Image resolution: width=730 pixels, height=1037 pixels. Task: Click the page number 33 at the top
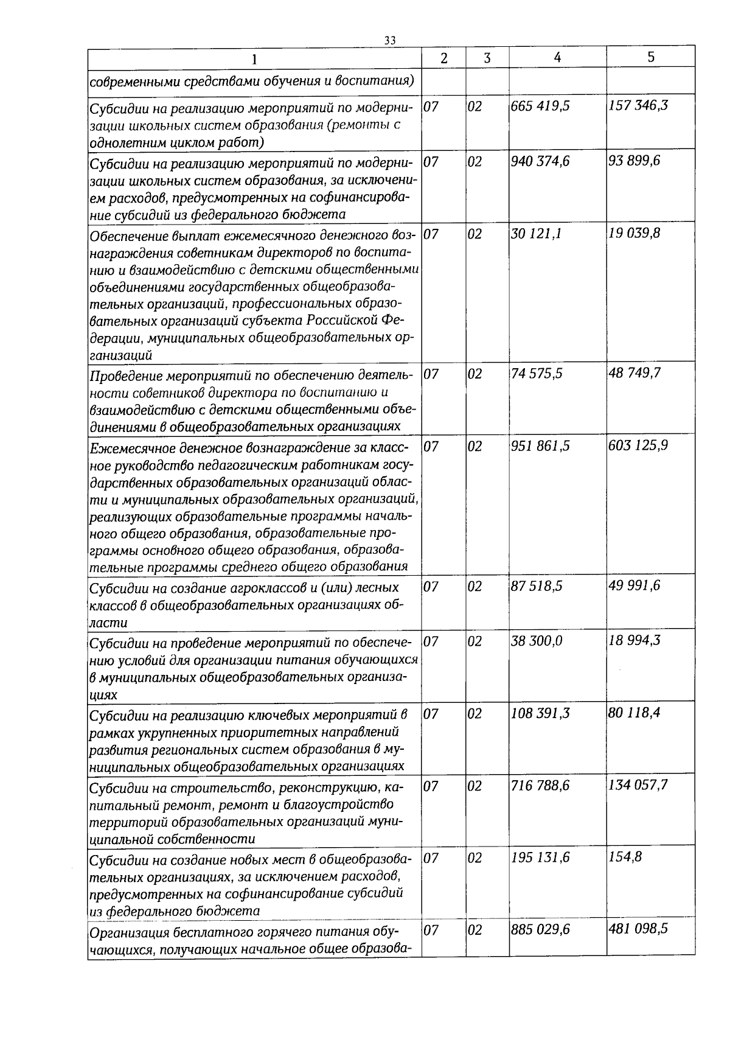(x=390, y=40)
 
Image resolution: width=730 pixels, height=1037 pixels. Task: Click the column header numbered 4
(x=557, y=57)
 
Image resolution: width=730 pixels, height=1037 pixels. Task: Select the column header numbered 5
(x=651, y=57)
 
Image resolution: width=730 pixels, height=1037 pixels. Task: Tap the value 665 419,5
(x=541, y=106)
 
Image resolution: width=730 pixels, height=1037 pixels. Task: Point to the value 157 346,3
(x=639, y=105)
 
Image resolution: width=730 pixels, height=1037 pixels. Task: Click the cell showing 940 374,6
(x=541, y=161)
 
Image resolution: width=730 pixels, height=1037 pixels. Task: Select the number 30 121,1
(x=537, y=234)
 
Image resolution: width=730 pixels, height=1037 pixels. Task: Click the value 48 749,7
(x=634, y=373)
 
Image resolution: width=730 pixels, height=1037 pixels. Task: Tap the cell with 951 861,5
(x=541, y=446)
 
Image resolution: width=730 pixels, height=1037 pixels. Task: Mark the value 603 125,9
(x=639, y=445)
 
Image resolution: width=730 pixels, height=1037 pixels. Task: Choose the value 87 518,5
(x=537, y=586)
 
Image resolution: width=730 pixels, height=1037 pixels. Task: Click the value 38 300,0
(x=537, y=641)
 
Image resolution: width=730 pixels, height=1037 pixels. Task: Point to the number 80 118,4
(x=634, y=713)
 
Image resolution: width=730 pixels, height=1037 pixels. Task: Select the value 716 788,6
(x=541, y=786)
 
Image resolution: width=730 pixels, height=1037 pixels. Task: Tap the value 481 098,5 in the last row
(x=639, y=929)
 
